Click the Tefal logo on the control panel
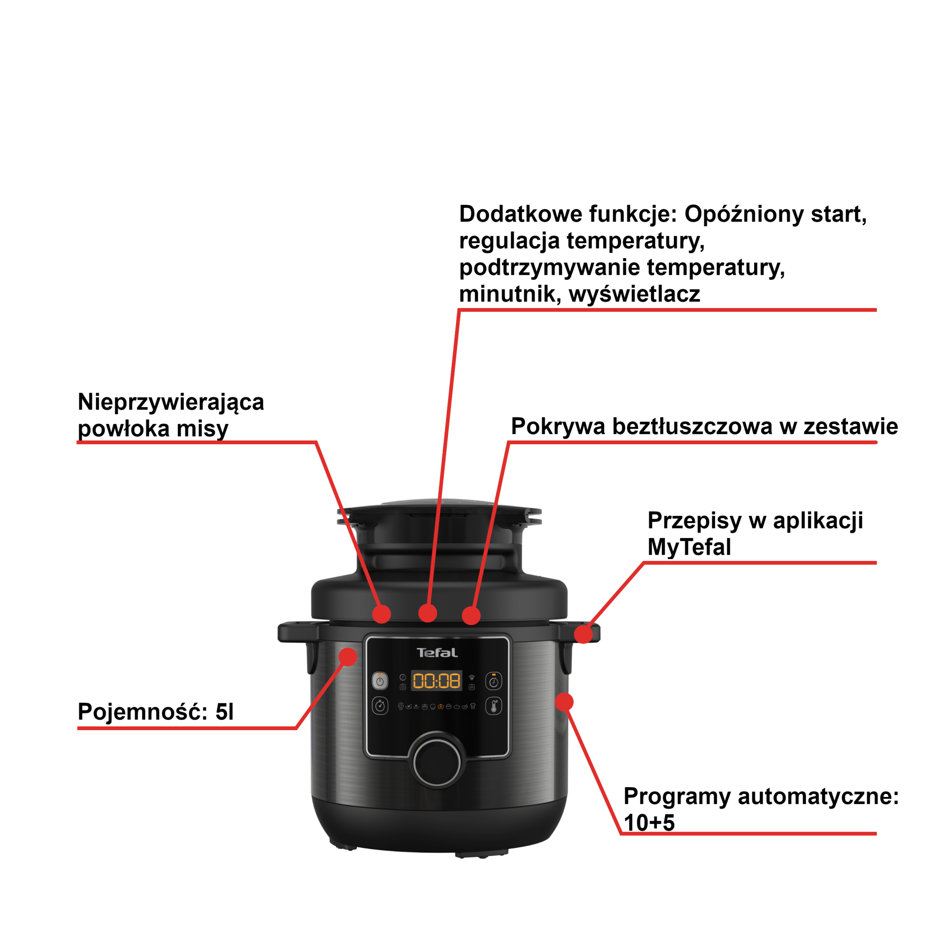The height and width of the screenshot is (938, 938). tap(437, 652)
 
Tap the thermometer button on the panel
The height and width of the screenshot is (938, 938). tap(494, 706)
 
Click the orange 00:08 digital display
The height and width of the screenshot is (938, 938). tap(436, 681)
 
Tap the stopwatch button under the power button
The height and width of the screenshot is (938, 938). tap(380, 706)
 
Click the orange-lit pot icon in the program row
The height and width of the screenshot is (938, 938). tap(440, 707)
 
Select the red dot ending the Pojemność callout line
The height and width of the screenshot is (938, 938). tap(347, 656)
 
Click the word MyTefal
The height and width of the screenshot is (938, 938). tap(689, 547)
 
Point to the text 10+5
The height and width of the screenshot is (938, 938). tap(649, 823)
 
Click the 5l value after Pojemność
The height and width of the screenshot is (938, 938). tap(224, 712)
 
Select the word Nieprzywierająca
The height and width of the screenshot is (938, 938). tap(171, 403)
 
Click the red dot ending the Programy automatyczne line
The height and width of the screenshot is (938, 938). tap(564, 702)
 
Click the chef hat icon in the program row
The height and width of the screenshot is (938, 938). tap(473, 706)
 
